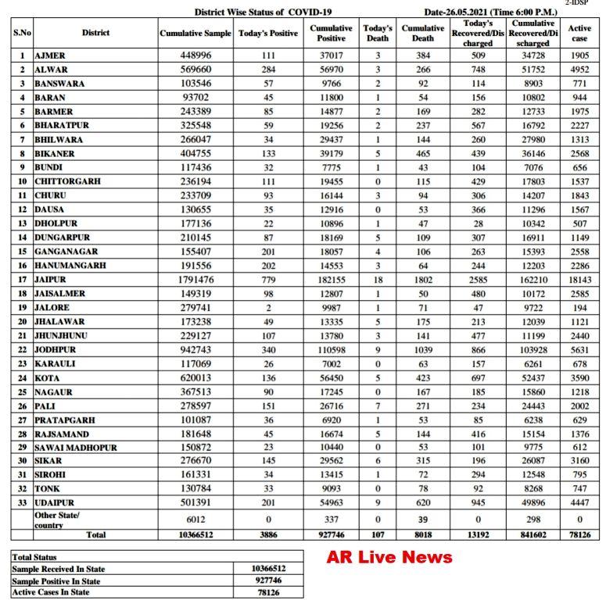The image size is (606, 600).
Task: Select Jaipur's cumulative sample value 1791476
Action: [195, 279]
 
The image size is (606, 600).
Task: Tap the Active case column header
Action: [579, 34]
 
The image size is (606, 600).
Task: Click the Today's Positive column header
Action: [268, 34]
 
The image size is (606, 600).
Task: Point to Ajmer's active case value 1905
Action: [579, 56]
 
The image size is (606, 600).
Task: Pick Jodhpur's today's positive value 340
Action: [268, 349]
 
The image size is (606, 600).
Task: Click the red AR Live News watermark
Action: [389, 557]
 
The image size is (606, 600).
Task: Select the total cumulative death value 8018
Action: [423, 534]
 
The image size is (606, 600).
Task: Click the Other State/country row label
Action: [56, 520]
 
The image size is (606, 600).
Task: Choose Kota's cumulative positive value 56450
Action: [331, 377]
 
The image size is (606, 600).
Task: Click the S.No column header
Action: [22, 34]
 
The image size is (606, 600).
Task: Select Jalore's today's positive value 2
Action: [268, 307]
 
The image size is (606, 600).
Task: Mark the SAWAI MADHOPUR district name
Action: [76, 448]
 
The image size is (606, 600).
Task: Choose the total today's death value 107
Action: [378, 534]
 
